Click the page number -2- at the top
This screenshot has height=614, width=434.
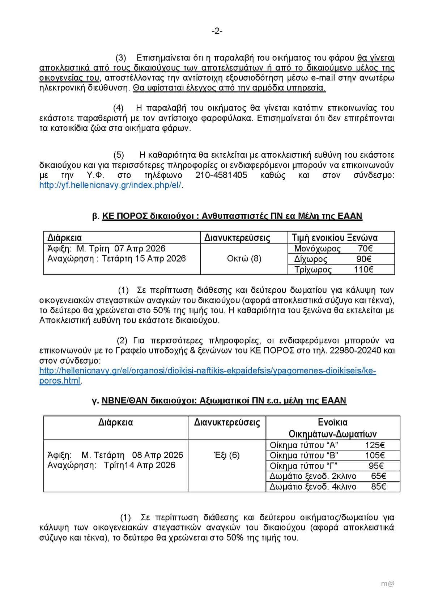(x=217, y=31)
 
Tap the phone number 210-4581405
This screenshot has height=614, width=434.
(x=221, y=175)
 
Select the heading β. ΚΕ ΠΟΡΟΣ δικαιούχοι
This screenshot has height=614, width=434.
(x=227, y=216)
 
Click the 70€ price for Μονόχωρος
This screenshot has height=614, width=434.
(x=365, y=249)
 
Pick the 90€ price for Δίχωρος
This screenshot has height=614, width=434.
(x=364, y=259)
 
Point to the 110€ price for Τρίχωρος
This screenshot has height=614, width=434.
(x=363, y=270)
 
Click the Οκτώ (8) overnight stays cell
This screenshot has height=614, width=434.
(x=244, y=259)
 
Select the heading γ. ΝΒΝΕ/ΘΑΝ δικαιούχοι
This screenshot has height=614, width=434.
(x=219, y=401)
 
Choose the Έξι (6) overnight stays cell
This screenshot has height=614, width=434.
(x=227, y=455)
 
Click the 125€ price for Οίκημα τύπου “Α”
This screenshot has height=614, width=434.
(x=375, y=445)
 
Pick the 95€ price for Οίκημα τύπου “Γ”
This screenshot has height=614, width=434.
(x=376, y=466)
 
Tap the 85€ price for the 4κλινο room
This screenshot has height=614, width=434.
(x=378, y=487)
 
